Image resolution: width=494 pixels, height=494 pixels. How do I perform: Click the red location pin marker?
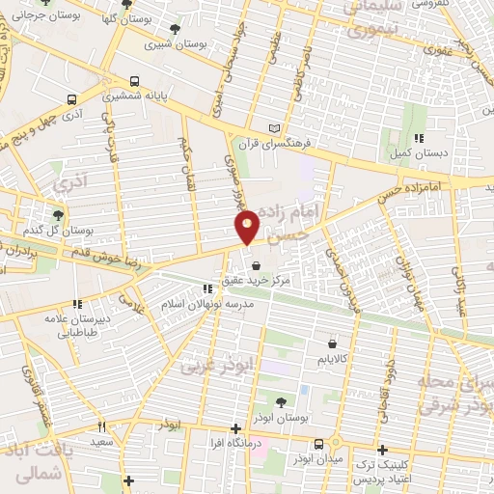pyautogui.click(x=247, y=226)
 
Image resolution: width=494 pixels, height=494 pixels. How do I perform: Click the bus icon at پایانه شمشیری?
pyautogui.click(x=134, y=83)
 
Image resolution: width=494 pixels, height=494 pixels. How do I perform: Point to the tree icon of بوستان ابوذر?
pyautogui.click(x=281, y=403)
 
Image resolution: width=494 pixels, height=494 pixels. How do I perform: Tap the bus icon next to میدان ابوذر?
pyautogui.click(x=318, y=445)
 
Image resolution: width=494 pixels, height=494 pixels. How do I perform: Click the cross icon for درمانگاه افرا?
pyautogui.click(x=235, y=428)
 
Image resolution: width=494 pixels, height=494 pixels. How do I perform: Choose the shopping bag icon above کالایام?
pyautogui.click(x=333, y=343)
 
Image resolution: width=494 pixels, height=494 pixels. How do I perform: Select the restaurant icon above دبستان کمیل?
pyautogui.click(x=418, y=138)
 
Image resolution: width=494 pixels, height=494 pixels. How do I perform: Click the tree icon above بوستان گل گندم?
pyautogui.click(x=59, y=215)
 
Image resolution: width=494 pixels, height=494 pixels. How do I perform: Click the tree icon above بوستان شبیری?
pyautogui.click(x=174, y=29)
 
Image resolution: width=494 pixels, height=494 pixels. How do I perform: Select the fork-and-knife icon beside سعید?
pyautogui.click(x=101, y=426)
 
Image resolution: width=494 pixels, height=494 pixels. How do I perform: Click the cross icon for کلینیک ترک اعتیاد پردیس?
pyautogui.click(x=383, y=450)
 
